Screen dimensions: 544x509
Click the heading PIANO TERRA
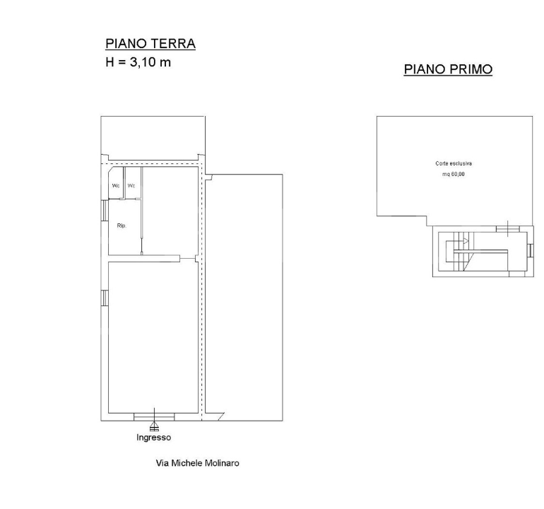[150, 44]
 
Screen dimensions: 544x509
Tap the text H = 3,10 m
[138, 62]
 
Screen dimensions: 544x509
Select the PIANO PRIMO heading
[448, 69]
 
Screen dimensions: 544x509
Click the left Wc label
[116, 186]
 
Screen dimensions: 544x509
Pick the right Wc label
[131, 186]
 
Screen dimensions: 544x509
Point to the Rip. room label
[122, 226]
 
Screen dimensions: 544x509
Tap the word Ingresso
[154, 437]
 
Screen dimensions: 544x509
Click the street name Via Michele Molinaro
[197, 463]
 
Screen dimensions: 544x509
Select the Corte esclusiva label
[454, 163]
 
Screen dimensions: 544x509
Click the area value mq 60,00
[453, 174]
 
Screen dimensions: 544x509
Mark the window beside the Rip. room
[105, 211]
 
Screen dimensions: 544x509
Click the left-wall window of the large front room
[105, 298]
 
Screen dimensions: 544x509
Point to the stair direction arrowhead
[466, 241]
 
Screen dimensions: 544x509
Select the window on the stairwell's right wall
[530, 250]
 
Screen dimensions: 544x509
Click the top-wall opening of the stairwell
[508, 229]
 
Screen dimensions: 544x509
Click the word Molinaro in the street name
[222, 463]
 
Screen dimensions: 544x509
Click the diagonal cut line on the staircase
[467, 262]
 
